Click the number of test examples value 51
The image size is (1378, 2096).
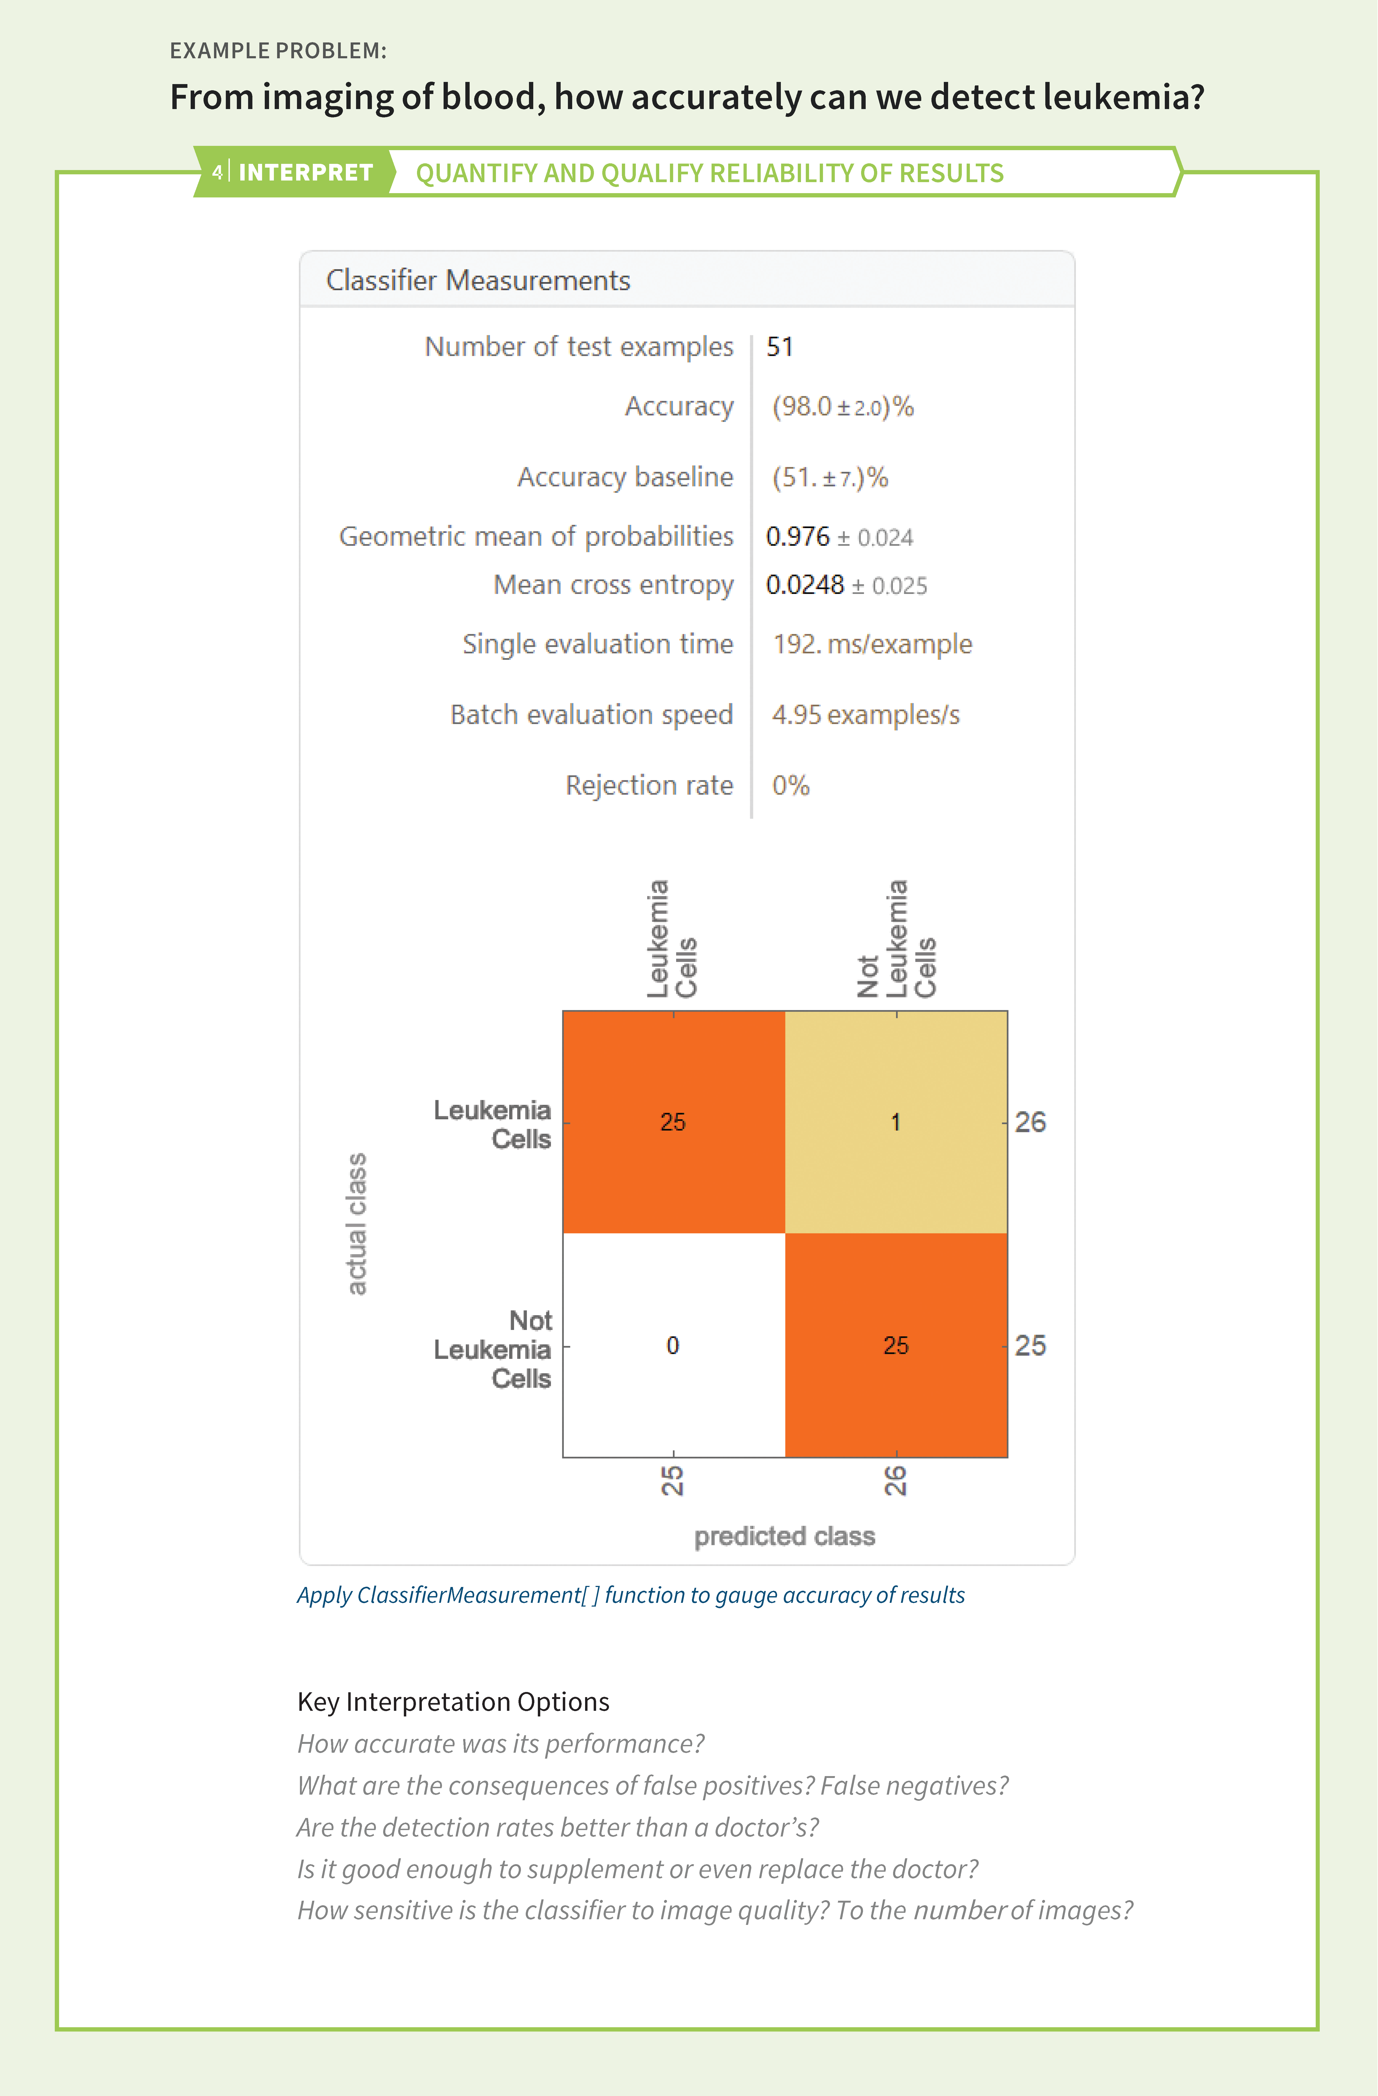pyautogui.click(x=779, y=347)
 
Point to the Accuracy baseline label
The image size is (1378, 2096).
pyautogui.click(x=625, y=477)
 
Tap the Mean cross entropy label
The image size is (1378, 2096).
pyautogui.click(x=614, y=585)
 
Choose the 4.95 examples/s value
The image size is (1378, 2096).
pyautogui.click(x=865, y=714)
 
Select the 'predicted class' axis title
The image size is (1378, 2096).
pyautogui.click(x=785, y=1536)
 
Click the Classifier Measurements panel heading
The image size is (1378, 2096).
pyautogui.click(x=478, y=280)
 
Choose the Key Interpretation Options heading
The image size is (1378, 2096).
pyautogui.click(x=454, y=1701)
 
